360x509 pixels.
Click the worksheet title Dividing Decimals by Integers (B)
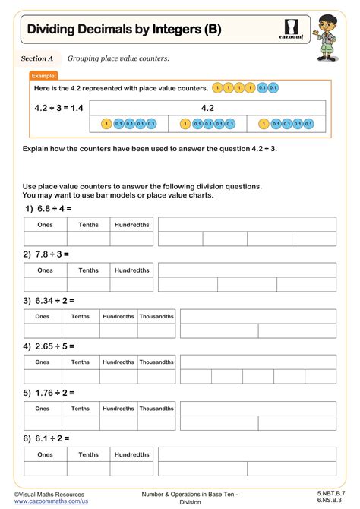125,30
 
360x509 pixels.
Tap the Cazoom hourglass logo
292,28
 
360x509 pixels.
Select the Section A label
37,58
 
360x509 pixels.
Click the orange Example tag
43,76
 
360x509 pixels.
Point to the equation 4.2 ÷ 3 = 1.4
59,108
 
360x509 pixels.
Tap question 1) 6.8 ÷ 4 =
47,207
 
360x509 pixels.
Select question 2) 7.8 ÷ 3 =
47,254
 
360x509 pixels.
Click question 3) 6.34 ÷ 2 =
50,300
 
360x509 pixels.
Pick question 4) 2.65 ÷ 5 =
50,346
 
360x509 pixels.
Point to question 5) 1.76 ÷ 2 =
50,393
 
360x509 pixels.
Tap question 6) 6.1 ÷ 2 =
47,438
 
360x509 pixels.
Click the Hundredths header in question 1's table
131,224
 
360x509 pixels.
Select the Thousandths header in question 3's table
156,317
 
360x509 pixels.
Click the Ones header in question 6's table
46,454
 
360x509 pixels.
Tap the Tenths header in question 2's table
88,270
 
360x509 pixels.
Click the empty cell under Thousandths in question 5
156,423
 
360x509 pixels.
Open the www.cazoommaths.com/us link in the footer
51,501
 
